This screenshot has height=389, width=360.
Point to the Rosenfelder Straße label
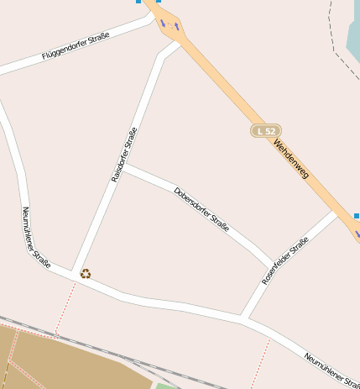(x=285, y=260)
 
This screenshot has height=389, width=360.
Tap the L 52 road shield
(x=266, y=131)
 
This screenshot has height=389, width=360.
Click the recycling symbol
(x=85, y=273)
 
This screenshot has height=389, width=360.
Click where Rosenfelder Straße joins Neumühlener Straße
(x=243, y=318)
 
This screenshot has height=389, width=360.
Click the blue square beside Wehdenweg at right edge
(x=357, y=216)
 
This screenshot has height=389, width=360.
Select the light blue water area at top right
(x=352, y=29)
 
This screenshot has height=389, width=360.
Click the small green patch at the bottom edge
(x=168, y=386)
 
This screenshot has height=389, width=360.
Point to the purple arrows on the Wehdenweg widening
(x=172, y=26)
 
